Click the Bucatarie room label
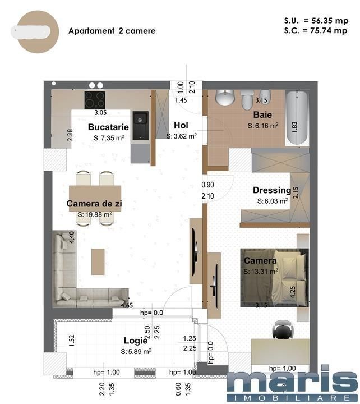tap(108, 127)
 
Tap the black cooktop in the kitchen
tap(95, 100)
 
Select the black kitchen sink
tap(140, 126)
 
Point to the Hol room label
tap(181, 125)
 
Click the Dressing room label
tap(272, 190)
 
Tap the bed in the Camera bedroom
tap(275, 278)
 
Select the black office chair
tap(283, 330)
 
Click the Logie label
tap(136, 341)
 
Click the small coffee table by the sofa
tap(98, 261)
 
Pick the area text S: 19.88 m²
tap(95, 214)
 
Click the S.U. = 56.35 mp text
tap(316, 21)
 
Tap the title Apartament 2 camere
tap(112, 31)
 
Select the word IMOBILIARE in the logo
tap(292, 398)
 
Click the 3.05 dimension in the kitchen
tap(100, 112)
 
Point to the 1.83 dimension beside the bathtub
tap(295, 127)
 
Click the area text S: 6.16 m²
tap(263, 126)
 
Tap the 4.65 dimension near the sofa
tap(127, 306)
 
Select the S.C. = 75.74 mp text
tap(316, 31)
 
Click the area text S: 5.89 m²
tap(136, 351)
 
